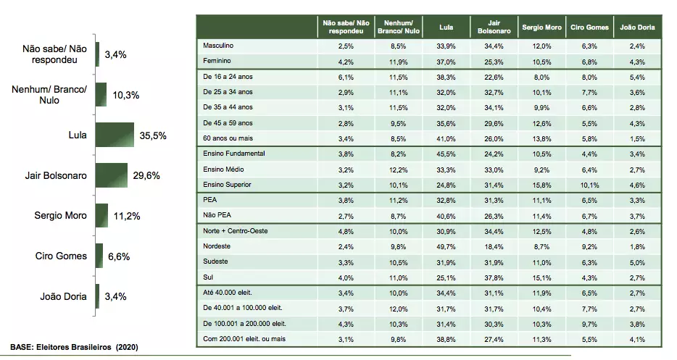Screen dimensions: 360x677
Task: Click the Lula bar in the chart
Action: [x=115, y=135]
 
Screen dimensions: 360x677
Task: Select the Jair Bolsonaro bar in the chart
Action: [x=112, y=175]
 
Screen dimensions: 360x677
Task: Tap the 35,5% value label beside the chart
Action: [x=151, y=135]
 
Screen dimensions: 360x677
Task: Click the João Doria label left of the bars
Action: [x=65, y=296]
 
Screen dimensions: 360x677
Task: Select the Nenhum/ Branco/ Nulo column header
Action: [x=398, y=27]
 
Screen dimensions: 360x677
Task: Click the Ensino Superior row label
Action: [x=229, y=185]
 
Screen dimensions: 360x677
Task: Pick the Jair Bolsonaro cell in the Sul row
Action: [x=494, y=277]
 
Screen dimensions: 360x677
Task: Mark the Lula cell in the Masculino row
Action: [x=447, y=46]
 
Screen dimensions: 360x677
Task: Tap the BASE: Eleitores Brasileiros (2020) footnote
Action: [x=74, y=347]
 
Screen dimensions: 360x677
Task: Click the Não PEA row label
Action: [x=218, y=215]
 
